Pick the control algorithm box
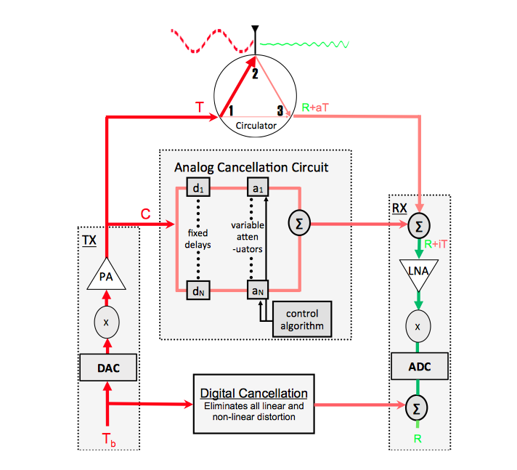pyautogui.click(x=301, y=319)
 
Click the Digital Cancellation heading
pyautogui.click(x=257, y=392)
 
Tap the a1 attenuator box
pyautogui.click(x=258, y=187)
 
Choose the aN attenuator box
pyautogui.click(x=258, y=291)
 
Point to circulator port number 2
pyautogui.click(x=255, y=73)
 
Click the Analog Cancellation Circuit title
pyautogui.click(x=251, y=167)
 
